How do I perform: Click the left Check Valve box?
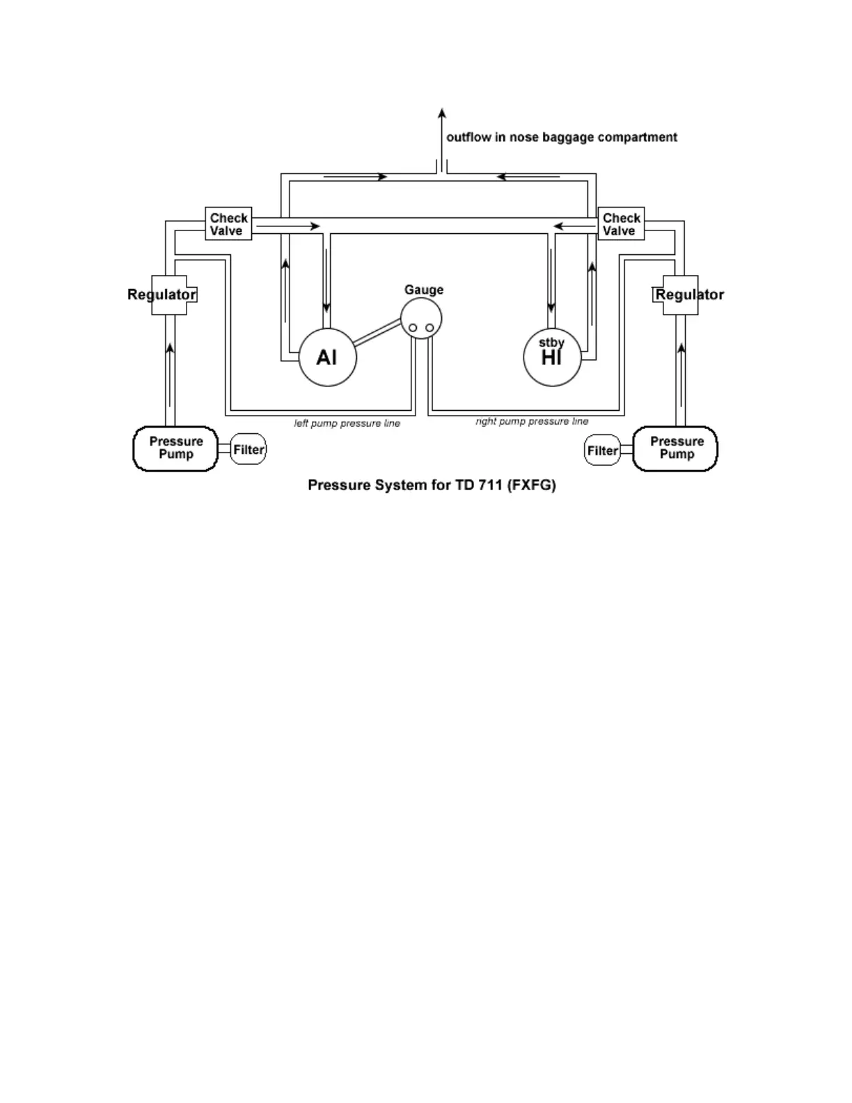pyautogui.click(x=228, y=224)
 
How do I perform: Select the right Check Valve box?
pyautogui.click(x=621, y=224)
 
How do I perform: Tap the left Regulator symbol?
pyautogui.click(x=168, y=295)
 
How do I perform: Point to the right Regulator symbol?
pyautogui.click(x=680, y=295)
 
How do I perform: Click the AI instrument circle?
pyautogui.click(x=327, y=357)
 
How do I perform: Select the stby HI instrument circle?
pyautogui.click(x=552, y=357)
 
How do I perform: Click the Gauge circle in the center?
pyautogui.click(x=421, y=318)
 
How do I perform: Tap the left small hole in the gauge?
pyautogui.click(x=413, y=328)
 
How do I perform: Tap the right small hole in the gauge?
pyautogui.click(x=429, y=328)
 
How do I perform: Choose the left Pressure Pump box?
pyautogui.click(x=175, y=448)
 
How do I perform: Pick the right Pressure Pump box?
pyautogui.click(x=675, y=448)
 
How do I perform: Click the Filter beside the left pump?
pyautogui.click(x=248, y=450)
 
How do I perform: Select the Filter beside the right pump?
pyautogui.click(x=602, y=451)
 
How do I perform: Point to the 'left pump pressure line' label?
pyautogui.click(x=347, y=423)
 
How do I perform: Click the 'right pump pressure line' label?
pyautogui.click(x=532, y=421)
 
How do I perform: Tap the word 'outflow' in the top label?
pyautogui.click(x=468, y=137)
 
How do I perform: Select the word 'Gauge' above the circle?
pyautogui.click(x=424, y=290)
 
